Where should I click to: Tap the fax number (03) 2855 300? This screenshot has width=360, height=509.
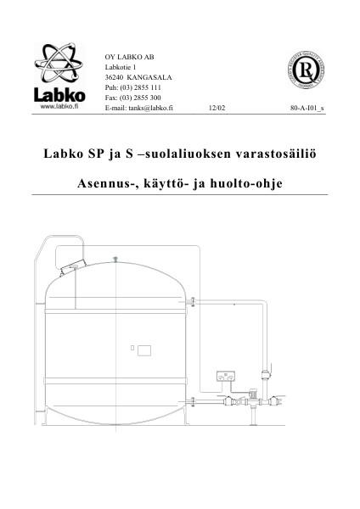coord(138,98)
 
